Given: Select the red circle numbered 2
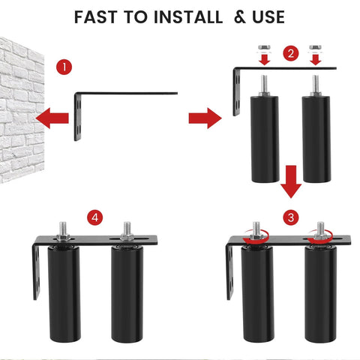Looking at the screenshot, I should click(x=290, y=53).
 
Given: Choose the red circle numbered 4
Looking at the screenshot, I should click(x=94, y=217).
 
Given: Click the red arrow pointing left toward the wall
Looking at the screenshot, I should click(x=52, y=117).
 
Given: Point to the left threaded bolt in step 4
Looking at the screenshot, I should click(x=62, y=229).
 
